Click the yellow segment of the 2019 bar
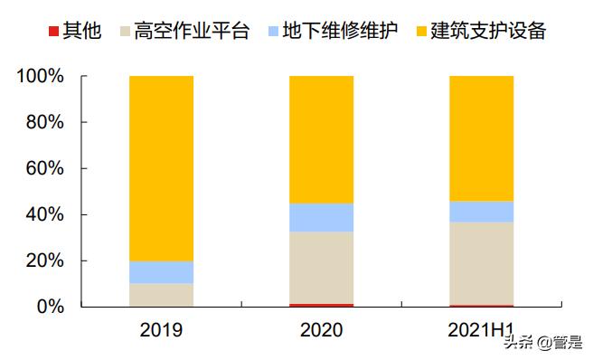point(161,168)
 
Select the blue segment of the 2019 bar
point(161,272)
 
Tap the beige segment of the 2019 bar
point(161,295)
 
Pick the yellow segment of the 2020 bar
point(321,139)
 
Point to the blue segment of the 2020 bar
point(321,217)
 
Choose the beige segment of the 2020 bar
point(321,268)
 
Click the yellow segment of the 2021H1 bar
point(481,138)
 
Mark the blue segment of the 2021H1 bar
point(481,212)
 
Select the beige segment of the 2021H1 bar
point(481,263)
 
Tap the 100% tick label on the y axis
point(41,77)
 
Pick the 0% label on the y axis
point(50,308)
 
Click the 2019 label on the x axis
point(161,330)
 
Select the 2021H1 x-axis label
point(481,330)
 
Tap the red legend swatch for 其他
point(55,33)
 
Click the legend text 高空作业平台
point(191,32)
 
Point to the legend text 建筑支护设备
point(488,32)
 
